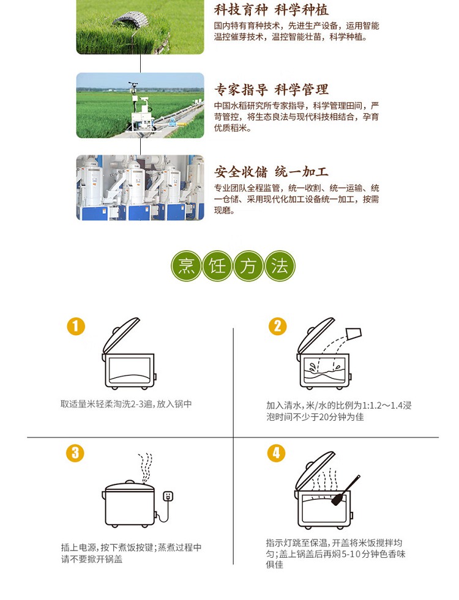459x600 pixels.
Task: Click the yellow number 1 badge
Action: point(75,326)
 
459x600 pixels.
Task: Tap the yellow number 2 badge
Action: point(277,326)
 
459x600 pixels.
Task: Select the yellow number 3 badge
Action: point(75,453)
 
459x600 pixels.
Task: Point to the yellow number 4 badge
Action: point(277,453)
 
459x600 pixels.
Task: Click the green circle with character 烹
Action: point(185,267)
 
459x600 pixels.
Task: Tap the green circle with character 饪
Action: point(217,267)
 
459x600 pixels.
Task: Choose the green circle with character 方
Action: point(248,267)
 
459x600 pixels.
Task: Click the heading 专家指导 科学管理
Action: point(271,90)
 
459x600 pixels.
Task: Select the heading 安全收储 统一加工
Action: point(271,172)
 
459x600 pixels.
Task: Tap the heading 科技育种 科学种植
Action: point(271,10)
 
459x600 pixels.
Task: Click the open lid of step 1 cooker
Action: point(121,332)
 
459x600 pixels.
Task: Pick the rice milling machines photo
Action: point(140,187)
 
